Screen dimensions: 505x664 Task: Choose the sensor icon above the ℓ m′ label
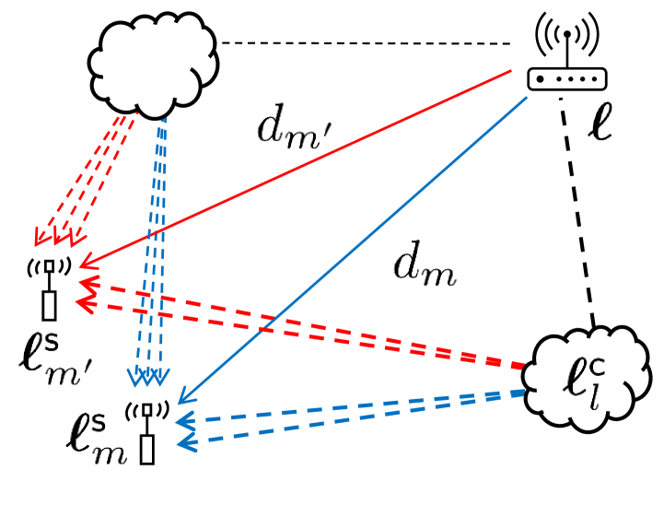coord(49,288)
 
